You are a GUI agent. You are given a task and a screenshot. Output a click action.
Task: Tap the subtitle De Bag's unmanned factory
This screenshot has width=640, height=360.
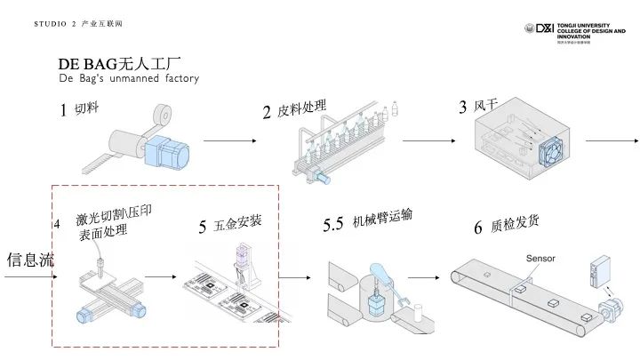pos(129,79)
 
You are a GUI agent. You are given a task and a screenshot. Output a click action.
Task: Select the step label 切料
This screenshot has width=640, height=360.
pos(86,109)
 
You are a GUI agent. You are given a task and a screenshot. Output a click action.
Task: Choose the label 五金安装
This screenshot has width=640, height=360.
pos(237,222)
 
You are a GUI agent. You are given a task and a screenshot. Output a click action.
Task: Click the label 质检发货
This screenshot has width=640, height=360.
pos(514,226)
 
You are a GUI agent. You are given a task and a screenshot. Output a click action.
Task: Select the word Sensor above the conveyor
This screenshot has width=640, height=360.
pos(540,259)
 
